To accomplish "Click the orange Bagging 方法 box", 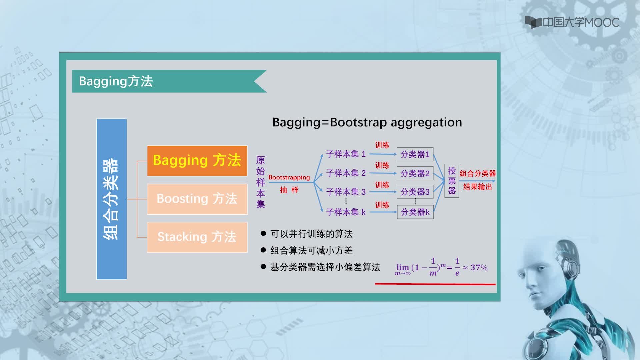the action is (x=197, y=161).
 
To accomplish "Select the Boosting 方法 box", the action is (x=197, y=199).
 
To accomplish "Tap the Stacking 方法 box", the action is (x=197, y=237).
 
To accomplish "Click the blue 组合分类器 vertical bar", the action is (x=112, y=199).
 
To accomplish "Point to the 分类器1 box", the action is (x=415, y=154).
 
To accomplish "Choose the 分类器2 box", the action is (x=415, y=173).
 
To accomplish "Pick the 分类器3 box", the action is (x=415, y=192).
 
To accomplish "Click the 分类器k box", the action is (x=415, y=212).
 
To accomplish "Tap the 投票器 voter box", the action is (x=452, y=181).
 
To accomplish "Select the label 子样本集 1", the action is (x=346, y=154).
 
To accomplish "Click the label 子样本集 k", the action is (x=346, y=212).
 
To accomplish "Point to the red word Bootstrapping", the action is (x=289, y=177).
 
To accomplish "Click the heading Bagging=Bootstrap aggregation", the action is (x=367, y=122).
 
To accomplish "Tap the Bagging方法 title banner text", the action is (x=116, y=81).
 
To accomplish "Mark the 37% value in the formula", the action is (x=479, y=267).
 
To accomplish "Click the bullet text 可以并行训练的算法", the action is (x=311, y=234).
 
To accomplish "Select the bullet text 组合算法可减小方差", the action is (x=311, y=250).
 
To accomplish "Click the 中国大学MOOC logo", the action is (x=572, y=22).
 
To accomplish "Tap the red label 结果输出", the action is (x=478, y=187).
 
